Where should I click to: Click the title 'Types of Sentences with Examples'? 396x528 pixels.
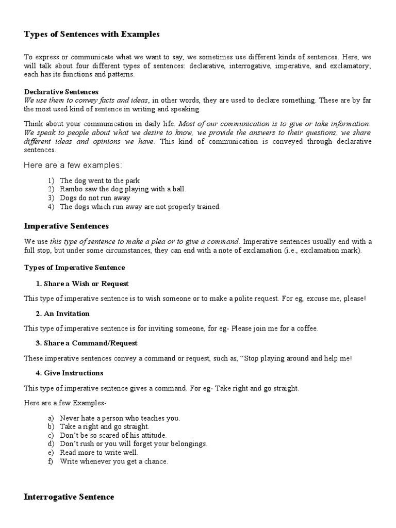coord(91,35)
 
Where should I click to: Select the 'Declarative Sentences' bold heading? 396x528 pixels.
coord(61,92)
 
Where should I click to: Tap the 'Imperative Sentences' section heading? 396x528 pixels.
coord(66,226)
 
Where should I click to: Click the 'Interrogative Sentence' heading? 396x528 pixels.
coord(69,497)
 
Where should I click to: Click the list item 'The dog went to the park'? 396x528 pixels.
coord(100,180)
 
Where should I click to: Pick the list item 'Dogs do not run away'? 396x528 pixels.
coord(95,198)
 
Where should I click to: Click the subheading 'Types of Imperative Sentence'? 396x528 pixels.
coord(74,268)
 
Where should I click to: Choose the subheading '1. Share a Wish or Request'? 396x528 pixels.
coord(82,284)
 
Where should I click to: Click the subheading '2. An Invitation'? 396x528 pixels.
coord(62,313)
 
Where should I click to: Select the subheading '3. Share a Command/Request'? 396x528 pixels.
coord(87,343)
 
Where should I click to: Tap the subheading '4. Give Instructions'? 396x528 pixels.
coord(70,373)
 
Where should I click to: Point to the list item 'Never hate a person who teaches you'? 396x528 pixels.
coord(120,418)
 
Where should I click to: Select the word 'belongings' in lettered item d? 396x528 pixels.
coord(190,444)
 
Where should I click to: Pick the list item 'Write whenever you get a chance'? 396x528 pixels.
coord(114,461)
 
